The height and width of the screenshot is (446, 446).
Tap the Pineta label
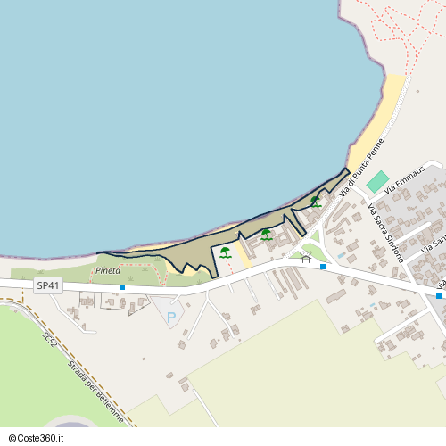click(x=108, y=268)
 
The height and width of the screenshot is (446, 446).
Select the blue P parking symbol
click(x=171, y=316)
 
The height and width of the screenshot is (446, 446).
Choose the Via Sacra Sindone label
click(x=385, y=232)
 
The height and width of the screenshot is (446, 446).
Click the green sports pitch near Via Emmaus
click(x=378, y=181)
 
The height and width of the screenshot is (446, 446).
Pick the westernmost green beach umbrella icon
click(x=225, y=252)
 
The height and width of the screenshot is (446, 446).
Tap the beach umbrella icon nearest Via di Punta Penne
click(x=315, y=202)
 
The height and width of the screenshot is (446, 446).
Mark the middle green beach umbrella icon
click(x=266, y=234)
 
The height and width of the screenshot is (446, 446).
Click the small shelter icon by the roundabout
click(x=306, y=259)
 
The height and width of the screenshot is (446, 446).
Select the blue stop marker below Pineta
click(x=121, y=287)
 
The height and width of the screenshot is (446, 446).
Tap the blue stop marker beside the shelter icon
click(x=323, y=267)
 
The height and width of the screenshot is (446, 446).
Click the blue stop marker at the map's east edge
click(x=439, y=295)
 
